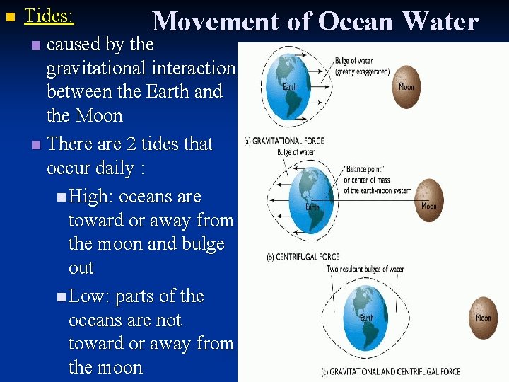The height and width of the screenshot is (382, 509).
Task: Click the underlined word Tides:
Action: click(x=49, y=15)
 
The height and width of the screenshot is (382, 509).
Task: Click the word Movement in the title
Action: click(x=216, y=22)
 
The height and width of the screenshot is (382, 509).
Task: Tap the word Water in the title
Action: click(x=440, y=22)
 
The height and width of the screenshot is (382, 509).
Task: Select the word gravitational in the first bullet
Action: click(x=98, y=68)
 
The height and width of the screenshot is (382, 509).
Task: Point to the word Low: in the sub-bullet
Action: click(x=89, y=296)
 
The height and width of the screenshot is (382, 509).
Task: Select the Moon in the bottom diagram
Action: click(x=483, y=318)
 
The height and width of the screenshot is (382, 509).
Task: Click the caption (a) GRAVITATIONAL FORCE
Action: click(x=283, y=141)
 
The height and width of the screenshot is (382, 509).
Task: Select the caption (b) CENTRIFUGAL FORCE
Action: click(x=303, y=257)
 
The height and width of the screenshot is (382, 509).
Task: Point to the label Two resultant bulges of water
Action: click(x=365, y=269)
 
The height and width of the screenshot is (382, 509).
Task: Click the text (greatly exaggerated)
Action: click(x=363, y=71)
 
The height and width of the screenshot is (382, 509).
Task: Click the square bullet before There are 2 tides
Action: click(x=37, y=145)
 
